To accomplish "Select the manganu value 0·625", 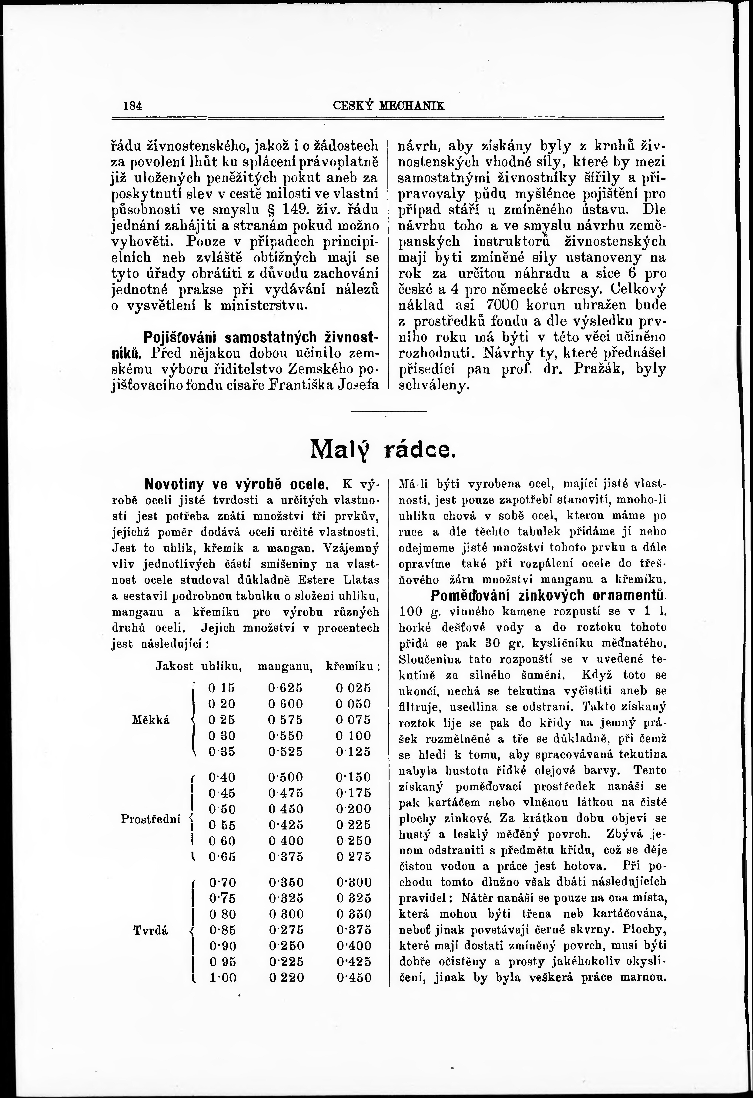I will [x=285, y=688].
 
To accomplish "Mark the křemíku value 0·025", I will [x=353, y=688].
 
